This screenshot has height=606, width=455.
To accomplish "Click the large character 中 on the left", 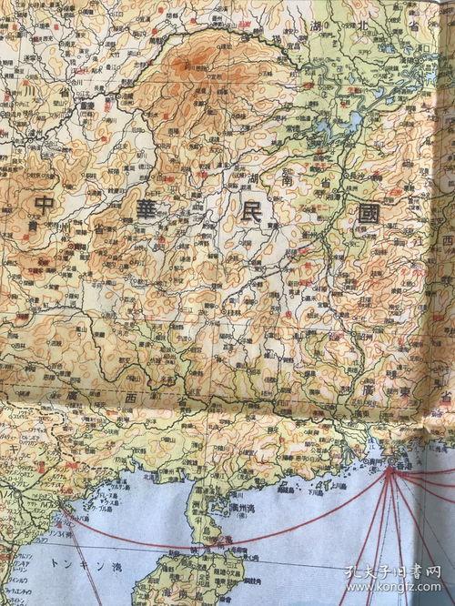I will coord(43,204).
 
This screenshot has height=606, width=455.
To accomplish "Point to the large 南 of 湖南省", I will coord(284,182).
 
